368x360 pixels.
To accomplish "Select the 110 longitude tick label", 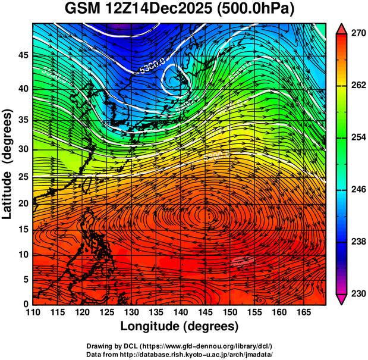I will point(33,312).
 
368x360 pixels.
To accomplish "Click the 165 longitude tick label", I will point(303,312).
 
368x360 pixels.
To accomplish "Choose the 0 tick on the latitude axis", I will point(25,304).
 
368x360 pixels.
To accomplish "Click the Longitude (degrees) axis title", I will point(179,326).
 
